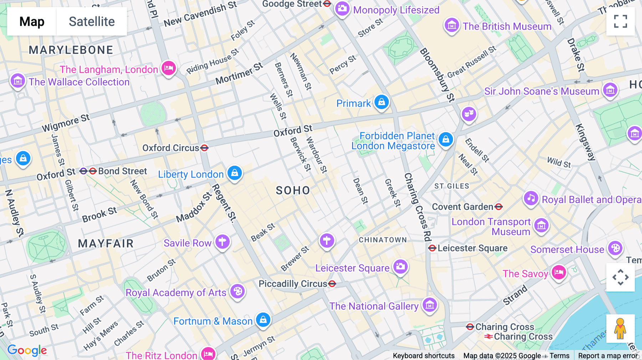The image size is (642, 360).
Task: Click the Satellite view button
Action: (92, 21)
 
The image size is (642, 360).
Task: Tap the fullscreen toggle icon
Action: (620, 21)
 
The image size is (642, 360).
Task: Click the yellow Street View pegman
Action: (620, 328)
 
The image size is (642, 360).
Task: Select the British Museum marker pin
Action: (452, 25)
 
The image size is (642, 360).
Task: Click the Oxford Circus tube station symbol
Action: (204, 148)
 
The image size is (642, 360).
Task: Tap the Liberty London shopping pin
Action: (234, 173)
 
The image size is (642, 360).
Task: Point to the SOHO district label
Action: (293, 190)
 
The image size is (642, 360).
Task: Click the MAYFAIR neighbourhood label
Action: (106, 243)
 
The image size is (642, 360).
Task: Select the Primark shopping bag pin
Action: (382, 102)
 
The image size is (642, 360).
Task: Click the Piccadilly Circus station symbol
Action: (332, 284)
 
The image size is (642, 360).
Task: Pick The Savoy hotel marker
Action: (559, 273)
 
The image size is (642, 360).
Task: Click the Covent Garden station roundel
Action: (499, 206)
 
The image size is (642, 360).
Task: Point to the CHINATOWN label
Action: (383, 240)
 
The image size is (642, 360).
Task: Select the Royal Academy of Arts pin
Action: (238, 291)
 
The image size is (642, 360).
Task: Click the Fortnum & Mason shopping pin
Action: (263, 320)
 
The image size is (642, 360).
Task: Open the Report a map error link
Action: (608, 356)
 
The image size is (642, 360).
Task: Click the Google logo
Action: (27, 350)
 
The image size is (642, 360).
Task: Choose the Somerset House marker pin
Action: (615, 248)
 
